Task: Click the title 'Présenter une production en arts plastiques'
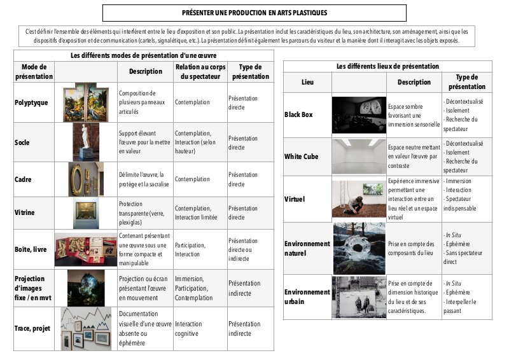(254, 13)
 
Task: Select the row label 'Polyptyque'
(31, 102)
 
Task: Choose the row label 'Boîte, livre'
(32, 249)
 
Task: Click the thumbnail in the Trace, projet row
(86, 328)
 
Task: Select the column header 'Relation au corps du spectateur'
(200, 72)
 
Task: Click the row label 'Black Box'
(298, 114)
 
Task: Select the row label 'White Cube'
(302, 156)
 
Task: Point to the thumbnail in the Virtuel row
(359, 198)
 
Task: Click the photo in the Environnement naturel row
(359, 248)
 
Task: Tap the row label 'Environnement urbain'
(307, 296)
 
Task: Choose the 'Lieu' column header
(307, 82)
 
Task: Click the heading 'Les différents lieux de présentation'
(387, 66)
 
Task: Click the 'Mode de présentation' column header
(34, 72)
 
